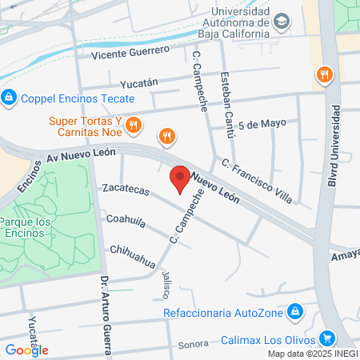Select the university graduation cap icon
coord(281,22)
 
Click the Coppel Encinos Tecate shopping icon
coord(9,98)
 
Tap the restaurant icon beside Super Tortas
coord(134,125)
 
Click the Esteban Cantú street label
coord(228,106)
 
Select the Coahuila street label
coord(125,218)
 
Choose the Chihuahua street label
coord(133,254)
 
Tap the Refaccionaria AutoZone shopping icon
coord(295,310)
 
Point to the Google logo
coord(26,350)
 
